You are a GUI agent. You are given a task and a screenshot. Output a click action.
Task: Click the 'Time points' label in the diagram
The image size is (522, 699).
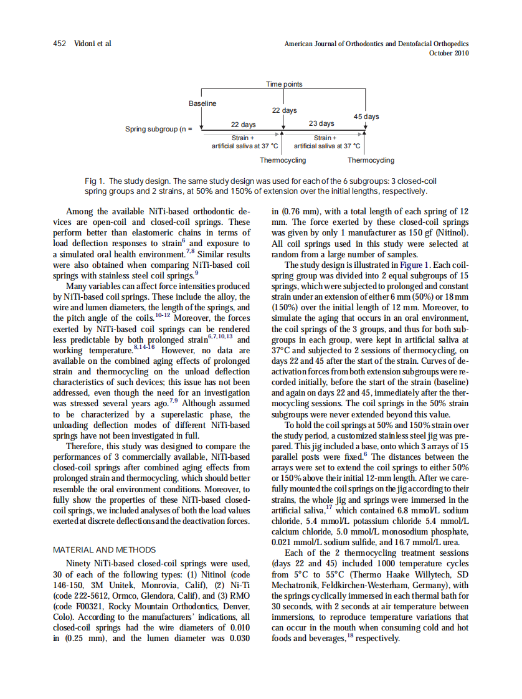click(284, 84)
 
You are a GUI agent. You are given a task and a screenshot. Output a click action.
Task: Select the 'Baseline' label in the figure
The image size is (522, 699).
click(202, 103)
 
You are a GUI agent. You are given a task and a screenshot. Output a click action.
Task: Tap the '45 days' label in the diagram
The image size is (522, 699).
click(366, 117)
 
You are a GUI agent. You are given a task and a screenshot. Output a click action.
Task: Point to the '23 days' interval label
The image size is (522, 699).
click(321, 123)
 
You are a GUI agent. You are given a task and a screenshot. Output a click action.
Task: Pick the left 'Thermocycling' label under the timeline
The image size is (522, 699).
click(283, 160)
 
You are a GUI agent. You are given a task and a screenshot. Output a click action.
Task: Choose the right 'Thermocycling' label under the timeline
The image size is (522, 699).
click(371, 160)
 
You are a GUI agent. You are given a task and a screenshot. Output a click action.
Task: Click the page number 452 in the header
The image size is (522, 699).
click(60, 44)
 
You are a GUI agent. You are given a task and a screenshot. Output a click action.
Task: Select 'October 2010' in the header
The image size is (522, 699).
click(449, 53)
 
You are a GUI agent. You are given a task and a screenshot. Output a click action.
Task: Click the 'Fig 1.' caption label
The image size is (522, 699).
click(94, 181)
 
